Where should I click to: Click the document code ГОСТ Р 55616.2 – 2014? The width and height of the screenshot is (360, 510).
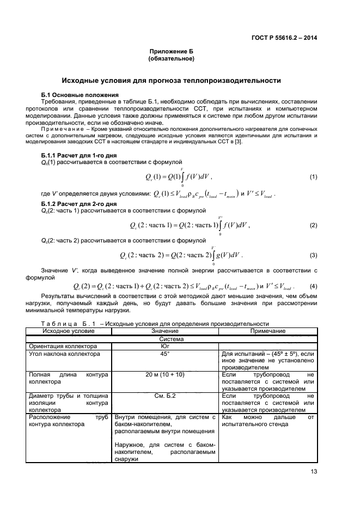[x=285, y=38]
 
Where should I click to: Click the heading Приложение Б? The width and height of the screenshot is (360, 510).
[x=171, y=51]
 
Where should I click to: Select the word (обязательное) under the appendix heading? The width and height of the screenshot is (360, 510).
[x=171, y=58]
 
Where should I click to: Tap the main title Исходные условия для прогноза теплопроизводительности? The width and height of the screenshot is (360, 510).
[x=171, y=81]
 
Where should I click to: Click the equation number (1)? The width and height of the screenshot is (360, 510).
[x=313, y=178]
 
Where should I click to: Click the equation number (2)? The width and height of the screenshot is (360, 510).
[x=313, y=225]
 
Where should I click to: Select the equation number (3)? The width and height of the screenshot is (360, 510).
[x=313, y=255]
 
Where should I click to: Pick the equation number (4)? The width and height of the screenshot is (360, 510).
[x=313, y=287]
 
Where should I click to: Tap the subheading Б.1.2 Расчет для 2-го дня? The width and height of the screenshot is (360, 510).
[x=75, y=204]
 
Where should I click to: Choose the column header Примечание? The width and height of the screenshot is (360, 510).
[x=267, y=331]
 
